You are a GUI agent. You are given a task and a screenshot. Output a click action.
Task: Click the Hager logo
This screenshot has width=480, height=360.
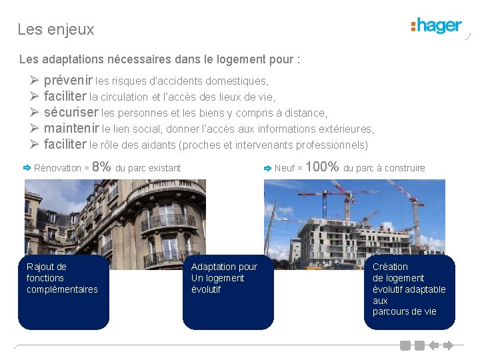[x=437, y=27]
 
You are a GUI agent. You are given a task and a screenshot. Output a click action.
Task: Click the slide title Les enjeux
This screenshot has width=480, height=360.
[x=56, y=30]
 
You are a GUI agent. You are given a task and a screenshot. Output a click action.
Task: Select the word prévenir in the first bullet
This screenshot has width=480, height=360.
[x=68, y=81]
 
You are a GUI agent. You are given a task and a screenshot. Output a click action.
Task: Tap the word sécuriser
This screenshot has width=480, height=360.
[x=71, y=113]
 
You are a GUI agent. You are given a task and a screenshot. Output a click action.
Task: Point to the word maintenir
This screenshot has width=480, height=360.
[x=71, y=129]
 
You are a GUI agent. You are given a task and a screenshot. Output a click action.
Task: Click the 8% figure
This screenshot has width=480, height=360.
[x=101, y=167]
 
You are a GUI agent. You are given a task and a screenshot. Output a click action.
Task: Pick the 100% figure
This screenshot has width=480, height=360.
[x=322, y=167]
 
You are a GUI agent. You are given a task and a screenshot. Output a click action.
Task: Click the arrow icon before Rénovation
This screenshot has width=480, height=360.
[x=27, y=167]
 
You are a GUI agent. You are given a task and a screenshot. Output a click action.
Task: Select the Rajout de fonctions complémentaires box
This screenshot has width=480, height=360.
[x=63, y=292]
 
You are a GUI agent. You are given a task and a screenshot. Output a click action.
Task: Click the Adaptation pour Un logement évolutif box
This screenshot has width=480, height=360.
[x=228, y=292]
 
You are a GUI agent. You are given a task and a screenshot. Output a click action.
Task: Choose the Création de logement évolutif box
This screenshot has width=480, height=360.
[x=409, y=292]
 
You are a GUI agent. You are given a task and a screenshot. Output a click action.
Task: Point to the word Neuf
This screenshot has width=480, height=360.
[x=285, y=168]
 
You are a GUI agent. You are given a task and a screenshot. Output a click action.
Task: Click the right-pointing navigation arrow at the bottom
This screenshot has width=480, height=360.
[x=448, y=345]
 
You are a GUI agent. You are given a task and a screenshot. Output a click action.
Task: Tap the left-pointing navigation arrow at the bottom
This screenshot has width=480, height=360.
[x=433, y=345]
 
